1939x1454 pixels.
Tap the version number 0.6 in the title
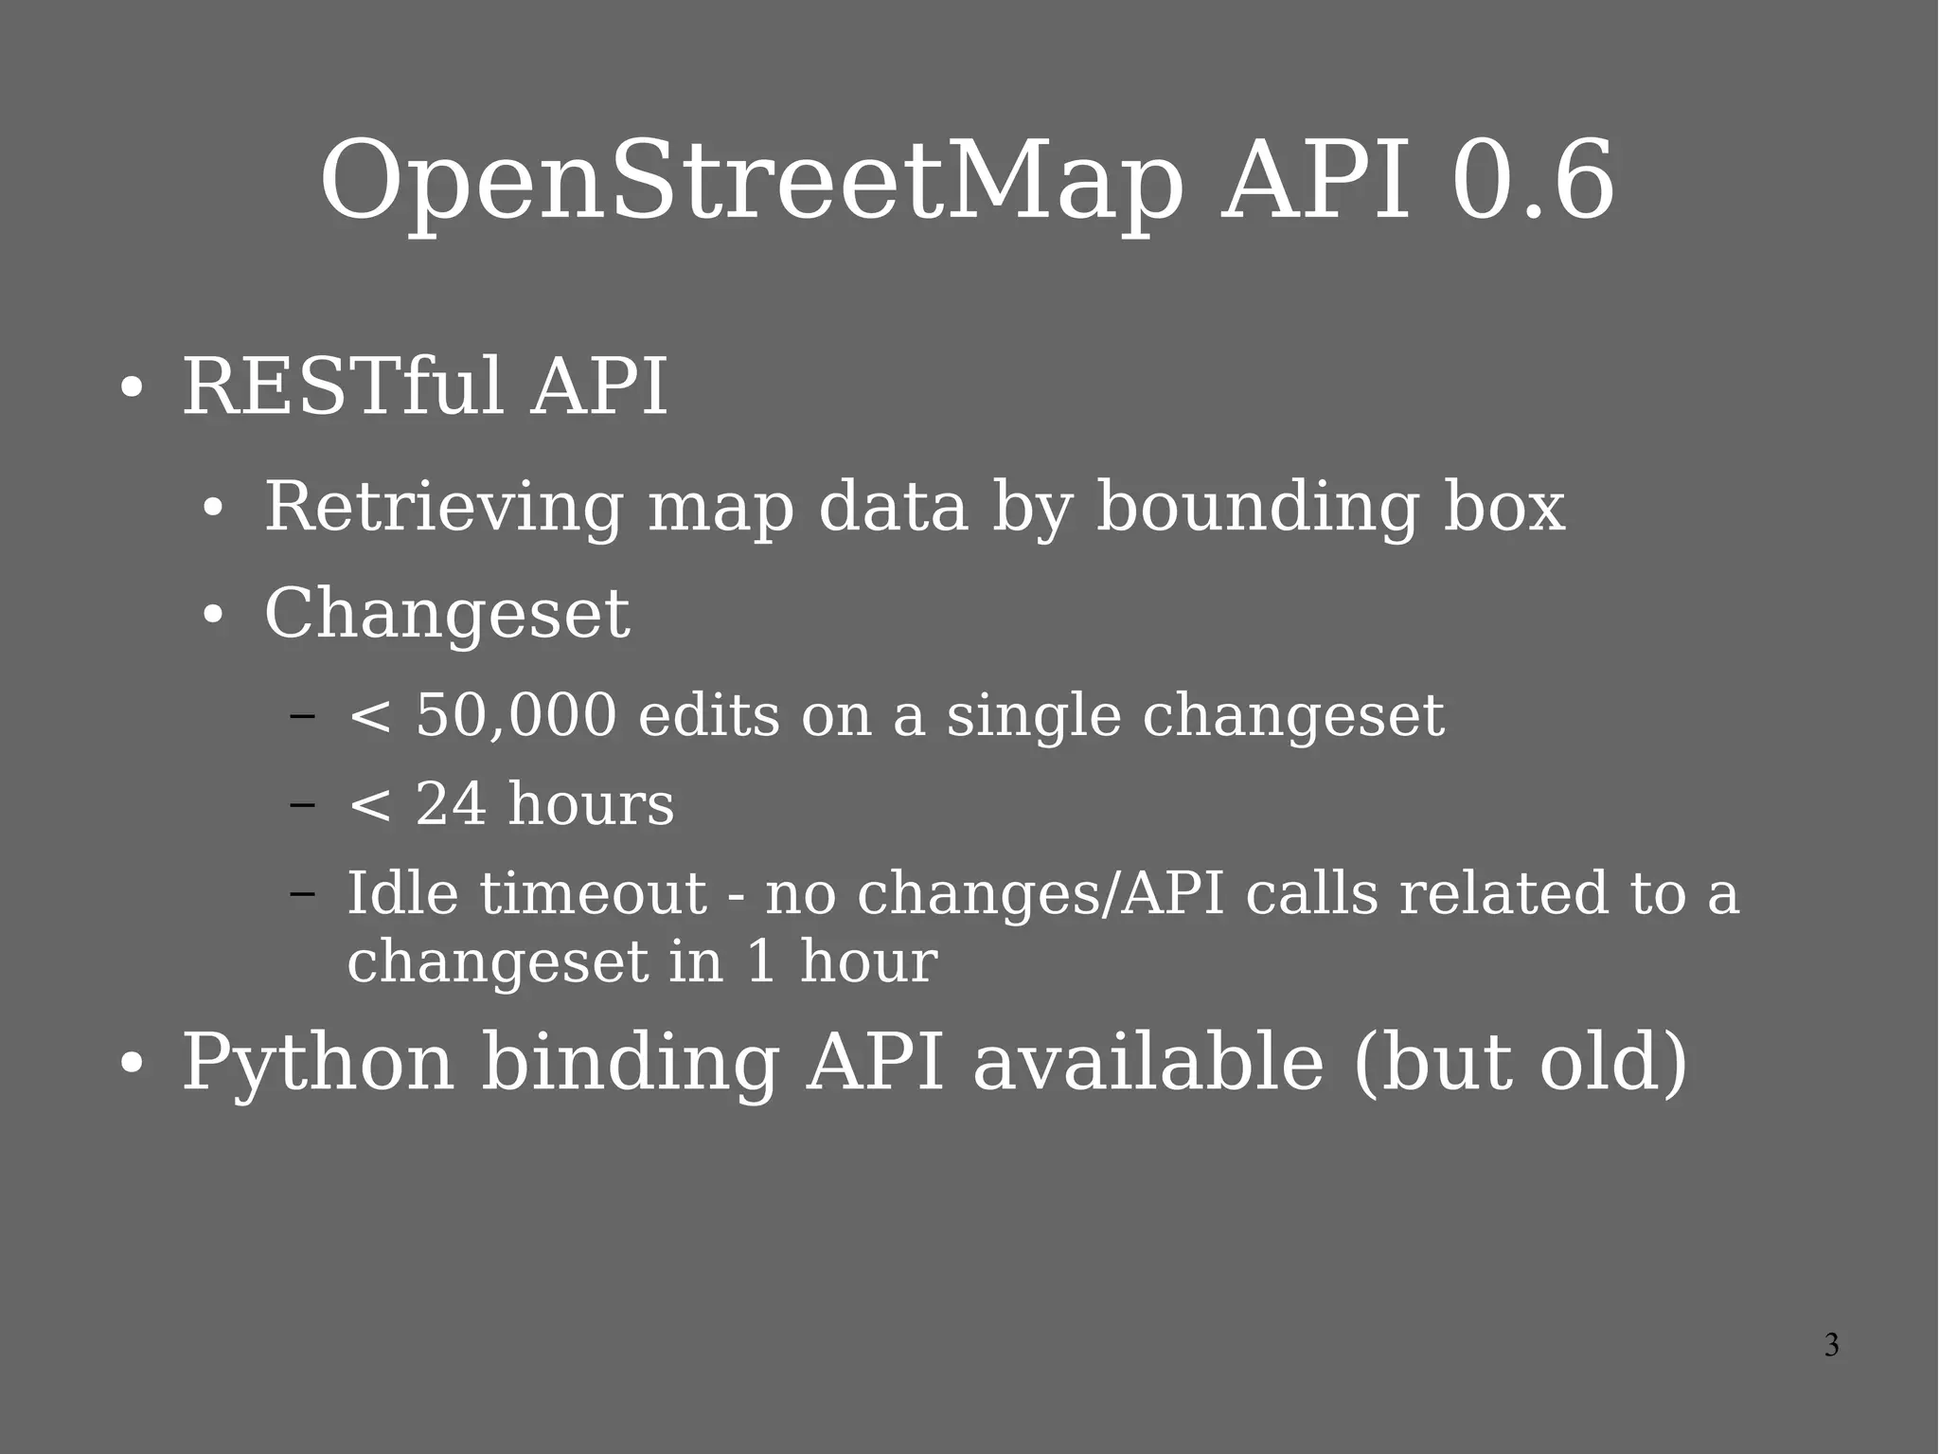coord(1532,180)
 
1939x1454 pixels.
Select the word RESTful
coord(342,386)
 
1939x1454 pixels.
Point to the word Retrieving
coord(443,507)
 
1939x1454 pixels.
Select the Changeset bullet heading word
coord(447,613)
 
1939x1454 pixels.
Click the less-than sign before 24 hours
coord(369,805)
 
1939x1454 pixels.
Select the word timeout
coord(593,892)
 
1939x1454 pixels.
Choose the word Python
coord(318,1063)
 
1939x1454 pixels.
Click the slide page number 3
coord(1831,1345)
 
